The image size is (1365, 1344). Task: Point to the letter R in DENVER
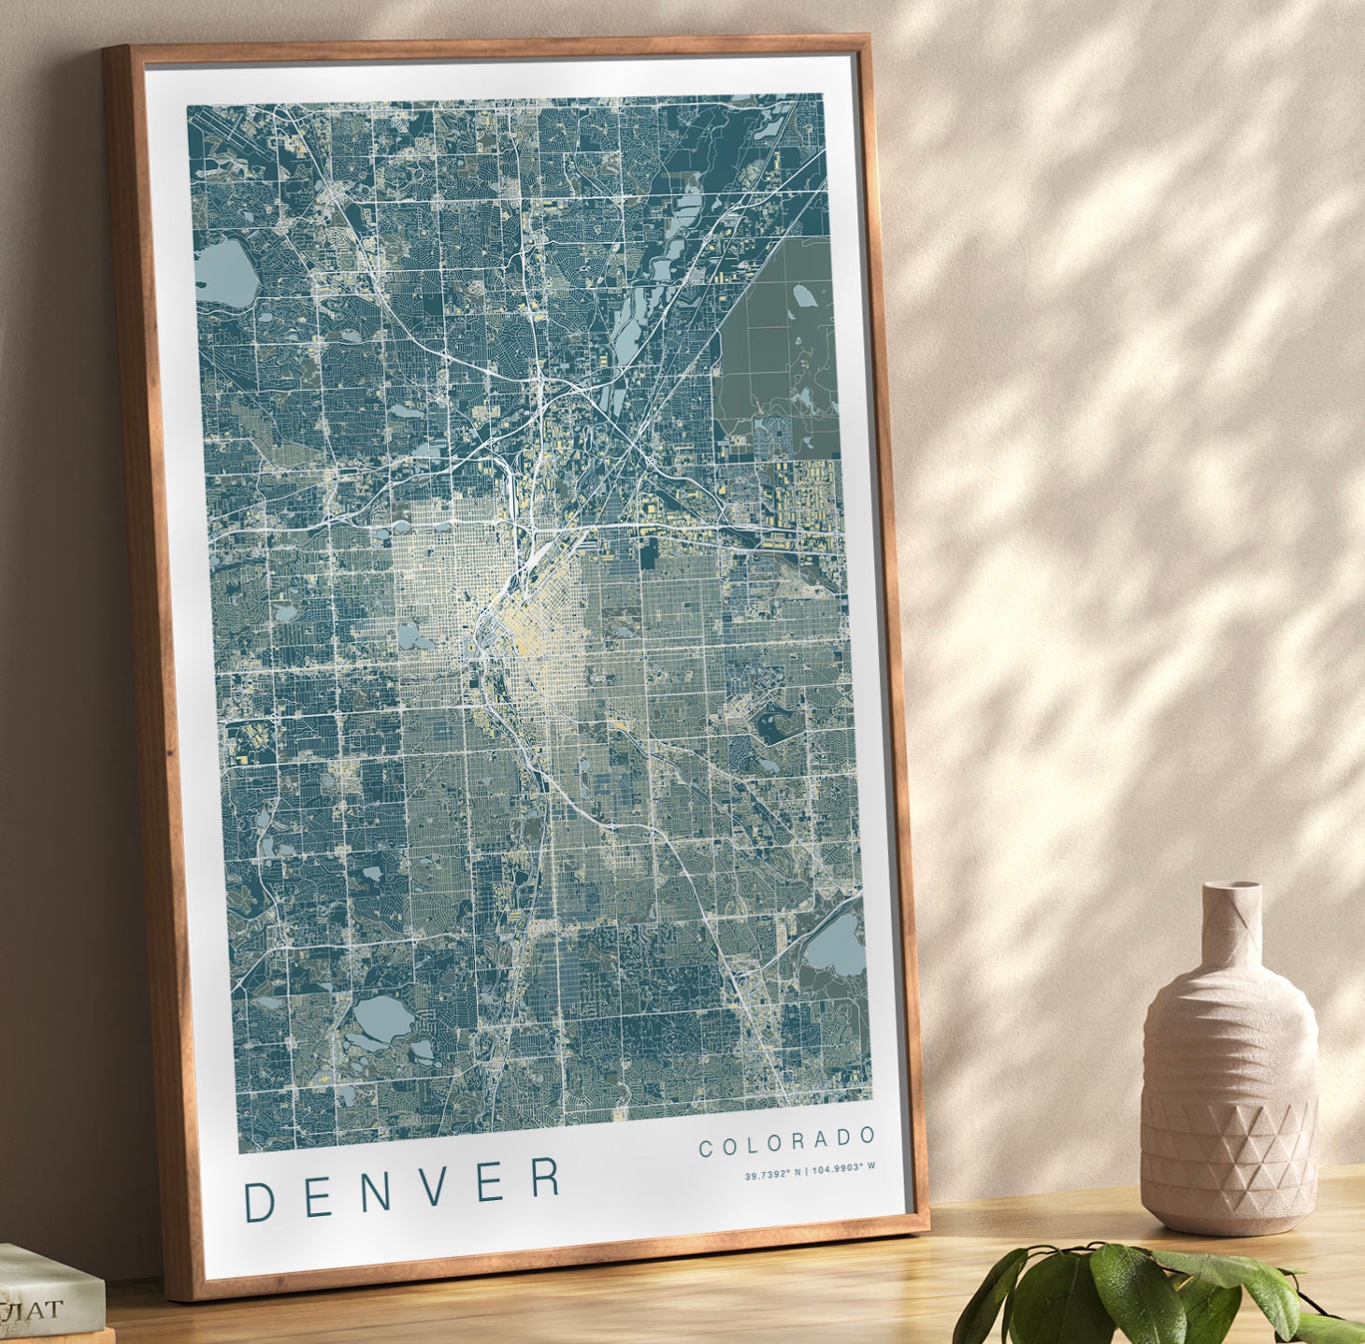coord(545,1178)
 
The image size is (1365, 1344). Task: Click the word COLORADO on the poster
coord(787,1142)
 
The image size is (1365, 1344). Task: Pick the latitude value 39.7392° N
coord(773,1174)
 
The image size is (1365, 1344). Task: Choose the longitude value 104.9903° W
coord(843,1167)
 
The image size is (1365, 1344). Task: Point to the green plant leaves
coord(1122,1294)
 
